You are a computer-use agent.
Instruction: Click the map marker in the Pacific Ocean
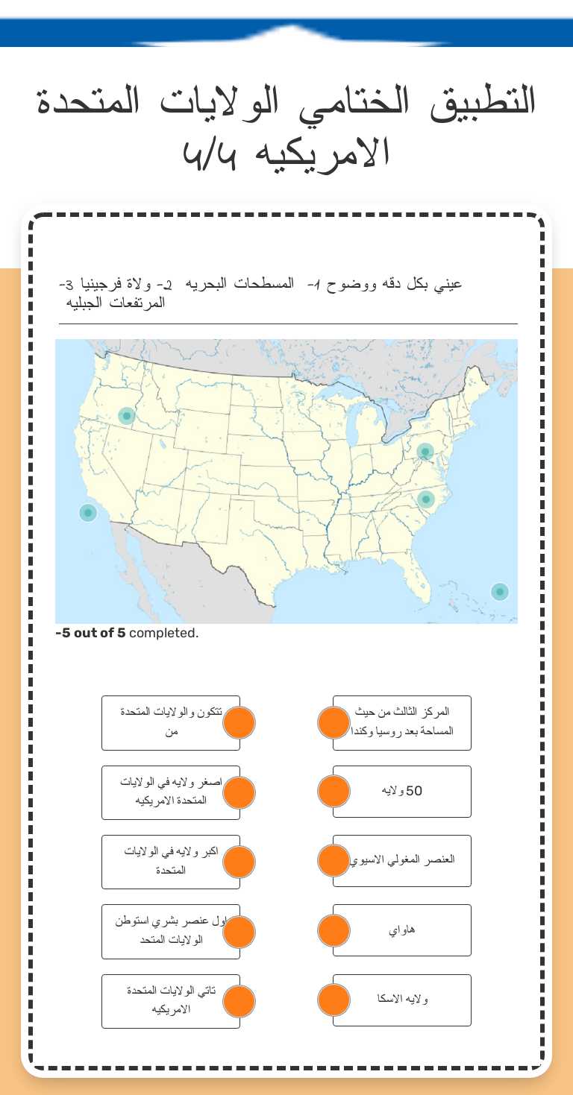tap(88, 513)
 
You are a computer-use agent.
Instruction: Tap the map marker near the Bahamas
tap(500, 592)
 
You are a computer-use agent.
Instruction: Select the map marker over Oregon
tap(127, 416)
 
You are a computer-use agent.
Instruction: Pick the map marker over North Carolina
tap(426, 499)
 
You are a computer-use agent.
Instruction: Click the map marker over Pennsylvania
tap(425, 452)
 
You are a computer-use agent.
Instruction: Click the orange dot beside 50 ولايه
tap(334, 791)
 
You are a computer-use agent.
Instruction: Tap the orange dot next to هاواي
tap(334, 930)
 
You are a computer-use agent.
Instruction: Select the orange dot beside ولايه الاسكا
tap(334, 1000)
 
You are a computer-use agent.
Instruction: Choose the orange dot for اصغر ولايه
tap(239, 792)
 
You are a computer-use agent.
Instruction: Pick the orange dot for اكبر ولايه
tap(239, 862)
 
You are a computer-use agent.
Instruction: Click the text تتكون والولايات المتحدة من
tap(172, 722)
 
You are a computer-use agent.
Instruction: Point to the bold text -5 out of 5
tap(90, 634)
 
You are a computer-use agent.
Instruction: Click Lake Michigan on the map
tap(360, 430)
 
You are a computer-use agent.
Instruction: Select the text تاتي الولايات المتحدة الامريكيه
tap(172, 1000)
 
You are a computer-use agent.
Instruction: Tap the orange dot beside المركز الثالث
tap(334, 722)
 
